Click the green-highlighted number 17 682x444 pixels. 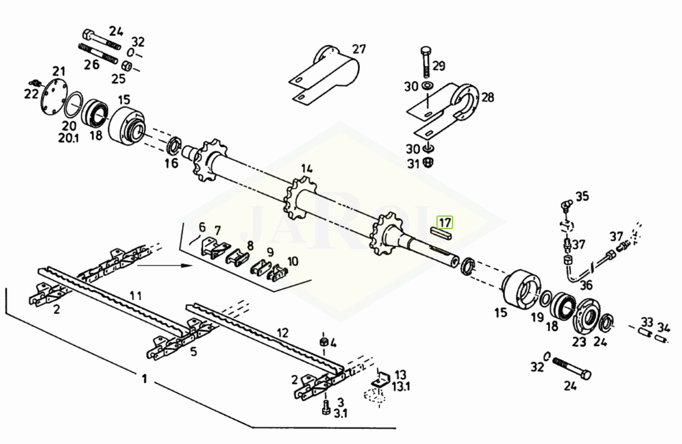(445, 223)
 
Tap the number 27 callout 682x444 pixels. (359, 49)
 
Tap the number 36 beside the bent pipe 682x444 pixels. (587, 285)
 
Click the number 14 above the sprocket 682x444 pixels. (307, 169)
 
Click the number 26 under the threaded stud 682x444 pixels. (92, 65)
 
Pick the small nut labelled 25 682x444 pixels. (127, 67)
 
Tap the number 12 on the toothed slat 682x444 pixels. (282, 333)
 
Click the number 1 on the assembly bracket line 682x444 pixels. (145, 379)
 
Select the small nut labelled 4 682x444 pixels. (324, 341)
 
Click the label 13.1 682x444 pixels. (401, 386)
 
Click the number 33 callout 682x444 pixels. (647, 323)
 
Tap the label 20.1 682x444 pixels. (69, 138)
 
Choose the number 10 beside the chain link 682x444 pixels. (293, 261)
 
